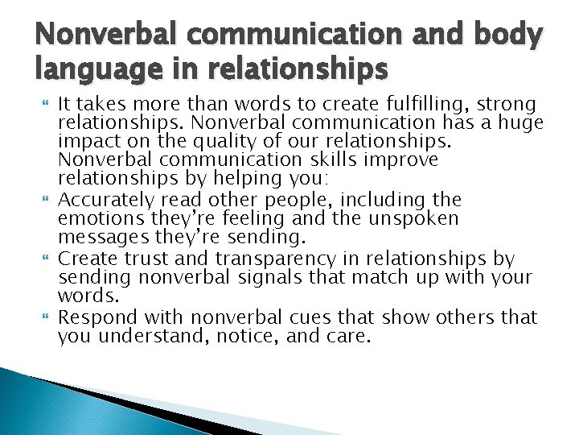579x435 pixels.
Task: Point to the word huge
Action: click(519, 123)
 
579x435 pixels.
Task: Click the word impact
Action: click(84, 141)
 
